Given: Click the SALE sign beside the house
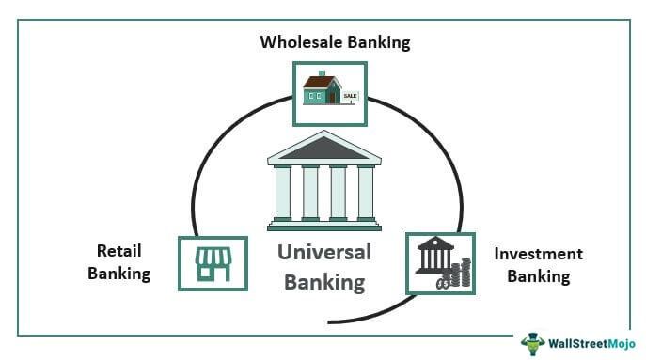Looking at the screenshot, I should (x=351, y=98).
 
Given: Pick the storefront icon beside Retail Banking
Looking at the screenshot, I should (x=213, y=264).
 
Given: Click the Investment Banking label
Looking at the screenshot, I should (x=537, y=265).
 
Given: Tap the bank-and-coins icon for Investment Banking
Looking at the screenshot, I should (x=440, y=263).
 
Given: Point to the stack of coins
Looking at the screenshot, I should (x=459, y=275).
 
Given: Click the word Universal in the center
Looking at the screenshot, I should (x=323, y=252).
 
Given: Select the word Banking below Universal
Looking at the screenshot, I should (x=323, y=281).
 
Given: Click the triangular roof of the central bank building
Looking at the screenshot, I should (x=323, y=149).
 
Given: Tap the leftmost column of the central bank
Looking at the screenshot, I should (x=282, y=192).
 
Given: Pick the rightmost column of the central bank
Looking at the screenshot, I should (x=365, y=192).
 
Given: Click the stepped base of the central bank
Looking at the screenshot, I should (x=323, y=225).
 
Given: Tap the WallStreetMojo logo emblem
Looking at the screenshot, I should (x=533, y=342).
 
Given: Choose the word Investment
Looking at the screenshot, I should (x=537, y=254).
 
